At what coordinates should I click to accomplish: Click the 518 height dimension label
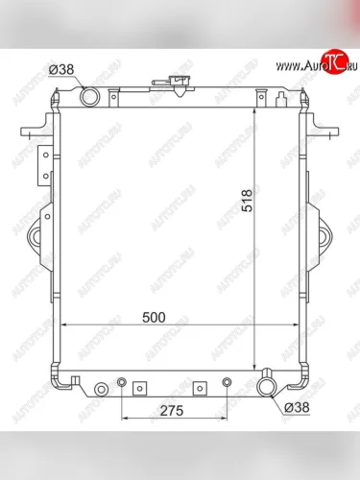(x=248, y=201)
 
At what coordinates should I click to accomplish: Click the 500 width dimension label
(x=154, y=318)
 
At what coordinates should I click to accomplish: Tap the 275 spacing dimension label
(x=172, y=411)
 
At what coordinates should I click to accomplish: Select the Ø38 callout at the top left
(x=61, y=69)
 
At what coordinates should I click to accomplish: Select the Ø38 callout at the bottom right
(x=298, y=407)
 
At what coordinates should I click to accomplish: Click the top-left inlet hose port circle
(x=89, y=96)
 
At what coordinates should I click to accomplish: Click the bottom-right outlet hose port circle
(x=267, y=387)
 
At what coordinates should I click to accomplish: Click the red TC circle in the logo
(x=335, y=61)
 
